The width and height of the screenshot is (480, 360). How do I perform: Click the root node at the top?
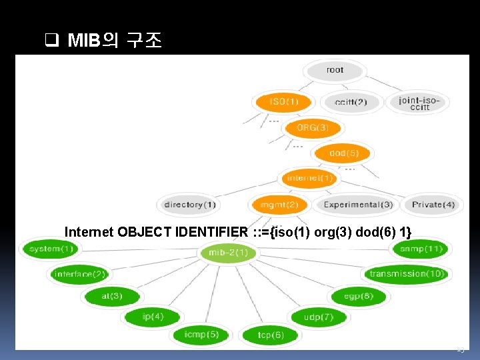pyautogui.click(x=335, y=70)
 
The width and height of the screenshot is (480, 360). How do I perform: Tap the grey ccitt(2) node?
pyautogui.click(x=351, y=103)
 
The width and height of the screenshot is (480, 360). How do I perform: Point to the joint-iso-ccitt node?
pyautogui.click(x=420, y=103)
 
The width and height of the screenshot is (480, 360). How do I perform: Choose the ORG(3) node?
pyautogui.click(x=313, y=127)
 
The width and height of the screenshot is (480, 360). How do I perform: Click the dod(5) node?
pyautogui.click(x=344, y=153)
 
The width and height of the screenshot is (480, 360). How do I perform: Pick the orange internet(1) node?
pyautogui.click(x=309, y=178)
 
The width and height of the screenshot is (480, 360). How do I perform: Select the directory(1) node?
pyautogui.click(x=190, y=205)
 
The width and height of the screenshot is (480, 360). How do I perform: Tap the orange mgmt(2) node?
pyautogui.click(x=279, y=205)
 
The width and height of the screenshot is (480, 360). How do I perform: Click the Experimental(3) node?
pyautogui.click(x=358, y=205)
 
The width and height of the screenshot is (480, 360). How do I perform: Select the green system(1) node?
pyautogui.click(x=50, y=249)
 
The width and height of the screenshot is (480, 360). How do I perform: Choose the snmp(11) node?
pyautogui.click(x=421, y=249)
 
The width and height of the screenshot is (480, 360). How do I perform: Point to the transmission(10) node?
pyautogui.click(x=407, y=273)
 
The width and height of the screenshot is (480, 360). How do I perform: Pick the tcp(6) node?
pyautogui.click(x=271, y=335)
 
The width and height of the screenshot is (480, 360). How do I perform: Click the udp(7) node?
pyautogui.click(x=318, y=317)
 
